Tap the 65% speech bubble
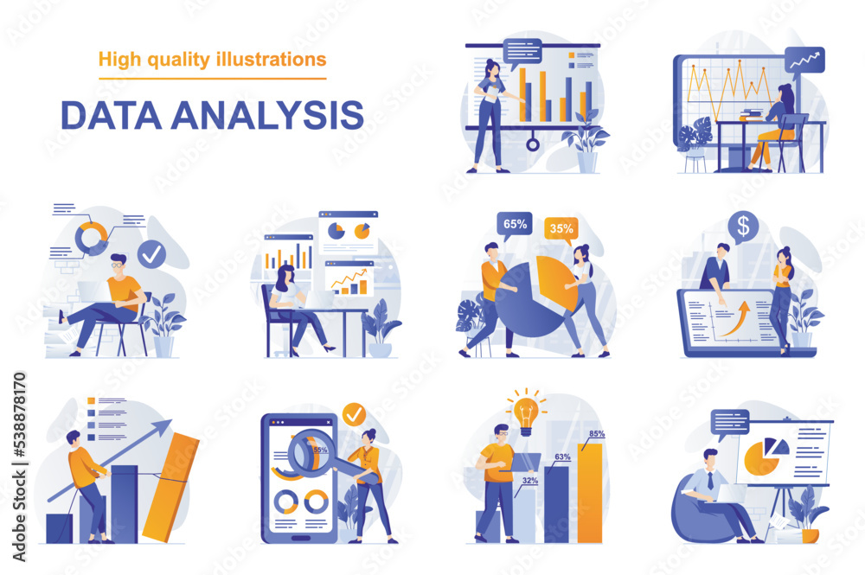[516, 225]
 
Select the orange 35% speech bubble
[561, 230]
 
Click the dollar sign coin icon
[742, 227]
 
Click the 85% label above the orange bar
[597, 433]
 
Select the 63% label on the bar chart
[562, 457]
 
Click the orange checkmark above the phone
[354, 414]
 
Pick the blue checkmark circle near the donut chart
[152, 254]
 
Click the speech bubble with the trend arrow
[804, 60]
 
